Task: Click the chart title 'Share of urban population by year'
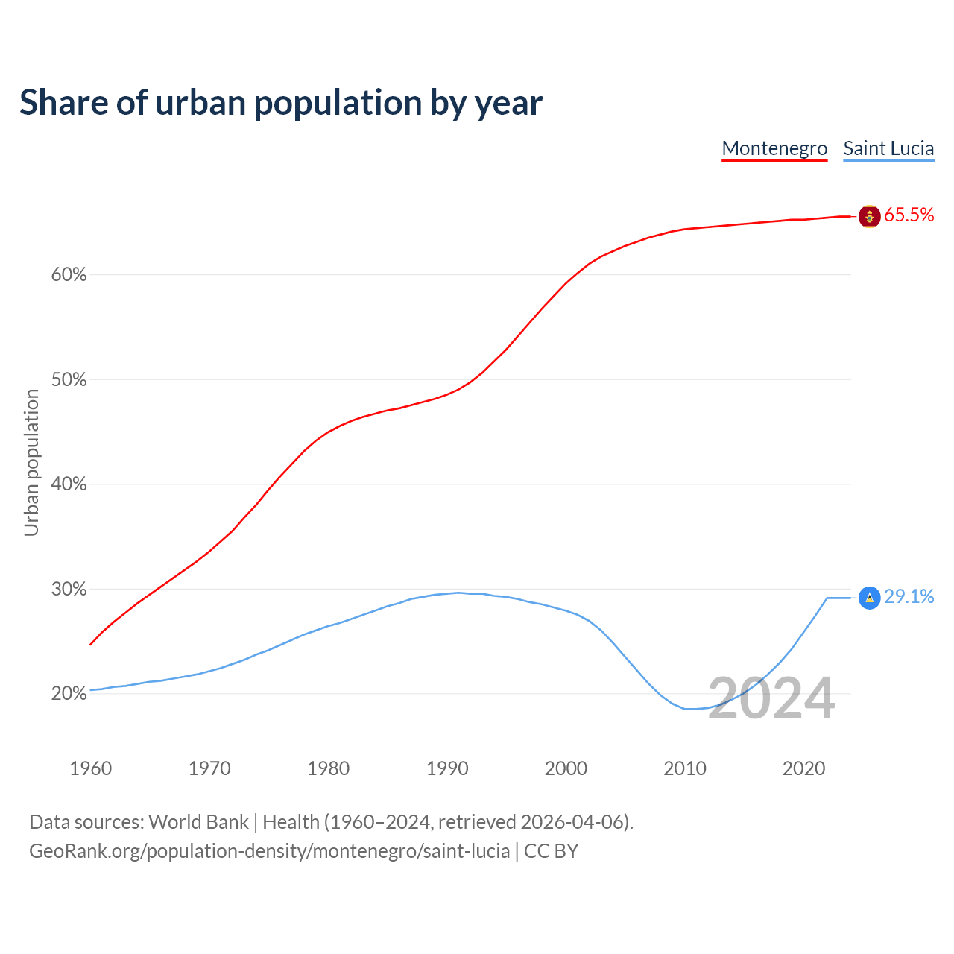pyautogui.click(x=281, y=103)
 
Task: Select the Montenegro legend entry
pyautogui.click(x=774, y=148)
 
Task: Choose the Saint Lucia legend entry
pyautogui.click(x=888, y=148)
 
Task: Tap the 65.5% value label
pyautogui.click(x=909, y=215)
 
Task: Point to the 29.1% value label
pyautogui.click(x=909, y=597)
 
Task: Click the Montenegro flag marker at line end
pyautogui.click(x=869, y=216)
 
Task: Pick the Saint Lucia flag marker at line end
pyautogui.click(x=869, y=598)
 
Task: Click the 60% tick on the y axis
pyautogui.click(x=69, y=275)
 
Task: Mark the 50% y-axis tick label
pyautogui.click(x=69, y=380)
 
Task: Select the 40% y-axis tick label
pyautogui.click(x=69, y=484)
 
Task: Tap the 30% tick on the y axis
pyautogui.click(x=69, y=590)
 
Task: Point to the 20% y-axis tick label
pyautogui.click(x=69, y=694)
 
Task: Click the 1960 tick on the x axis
pyautogui.click(x=90, y=768)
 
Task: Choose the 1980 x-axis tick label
pyautogui.click(x=328, y=768)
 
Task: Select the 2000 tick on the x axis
pyautogui.click(x=566, y=768)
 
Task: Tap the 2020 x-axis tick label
pyautogui.click(x=803, y=768)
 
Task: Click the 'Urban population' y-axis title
pyautogui.click(x=31, y=463)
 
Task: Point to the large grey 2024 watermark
pyautogui.click(x=771, y=699)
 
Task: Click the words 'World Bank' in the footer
pyautogui.click(x=198, y=822)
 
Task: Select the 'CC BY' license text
pyautogui.click(x=551, y=851)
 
